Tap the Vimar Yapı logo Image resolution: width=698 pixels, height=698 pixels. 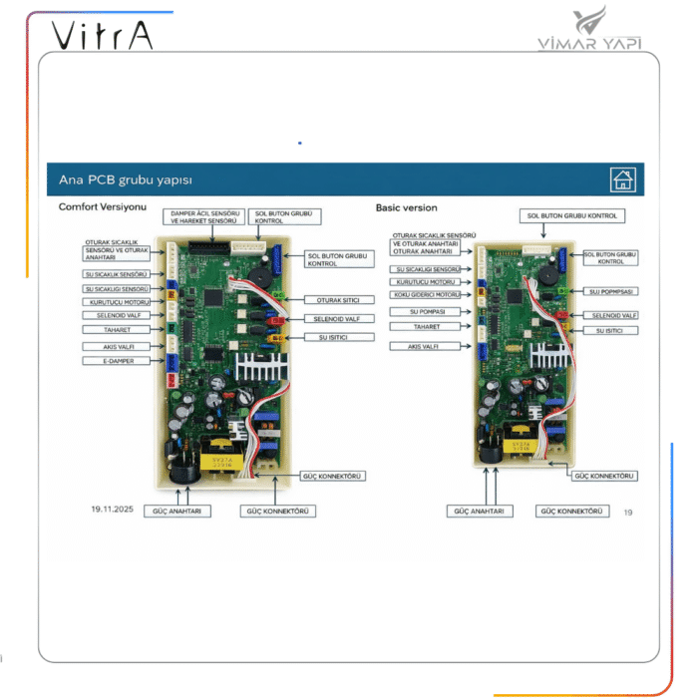604,30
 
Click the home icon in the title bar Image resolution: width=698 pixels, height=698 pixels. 623,179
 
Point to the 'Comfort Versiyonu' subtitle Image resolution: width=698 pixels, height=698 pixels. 103,206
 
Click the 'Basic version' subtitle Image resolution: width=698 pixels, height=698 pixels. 406,207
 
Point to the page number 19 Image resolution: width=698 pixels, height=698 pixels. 628,513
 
